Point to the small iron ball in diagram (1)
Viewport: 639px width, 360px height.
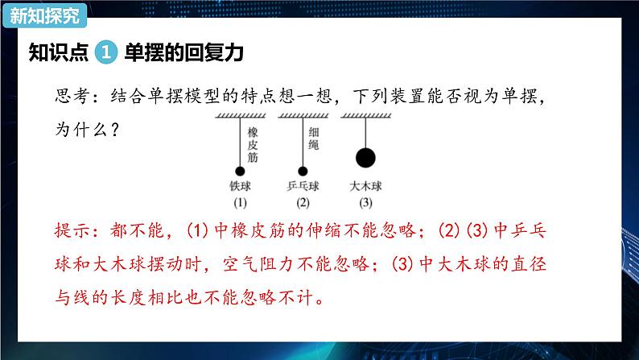tap(240, 171)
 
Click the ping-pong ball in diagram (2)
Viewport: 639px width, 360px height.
tap(303, 171)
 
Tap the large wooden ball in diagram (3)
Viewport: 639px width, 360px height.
tap(365, 158)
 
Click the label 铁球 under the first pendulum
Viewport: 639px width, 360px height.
tap(241, 186)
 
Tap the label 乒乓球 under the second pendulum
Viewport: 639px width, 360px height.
tap(303, 186)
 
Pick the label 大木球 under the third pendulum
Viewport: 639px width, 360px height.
tap(366, 186)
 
